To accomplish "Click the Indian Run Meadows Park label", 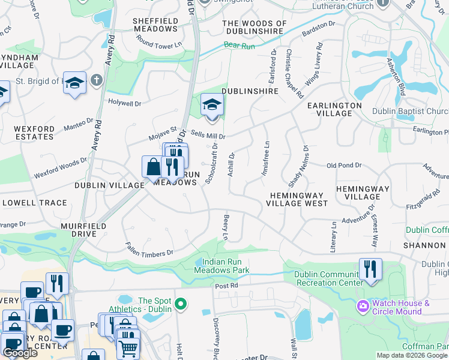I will (x=221, y=266).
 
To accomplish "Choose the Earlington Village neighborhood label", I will (x=334, y=109).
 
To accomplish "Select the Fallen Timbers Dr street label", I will (x=149, y=250).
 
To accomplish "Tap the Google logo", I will (x=20, y=353).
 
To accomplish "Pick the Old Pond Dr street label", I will (x=344, y=165).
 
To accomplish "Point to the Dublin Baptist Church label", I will (x=411, y=112).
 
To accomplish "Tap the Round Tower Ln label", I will (x=158, y=44).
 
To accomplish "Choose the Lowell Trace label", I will (x=34, y=203).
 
